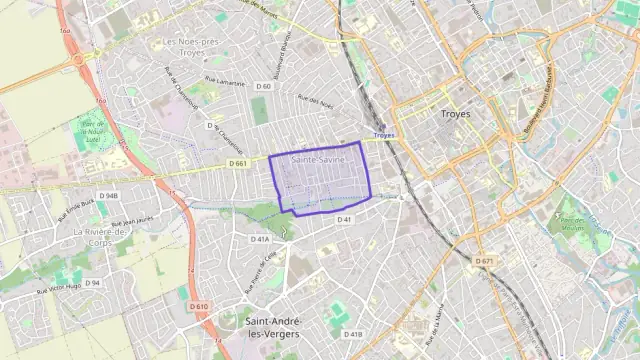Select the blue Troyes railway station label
coord(384,135)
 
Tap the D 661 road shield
coord(237,163)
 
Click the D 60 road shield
coord(263,86)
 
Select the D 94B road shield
coord(108,196)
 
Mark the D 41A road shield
coord(259,239)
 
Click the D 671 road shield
coord(484,262)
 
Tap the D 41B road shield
coord(353,334)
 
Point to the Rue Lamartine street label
coord(224,83)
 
